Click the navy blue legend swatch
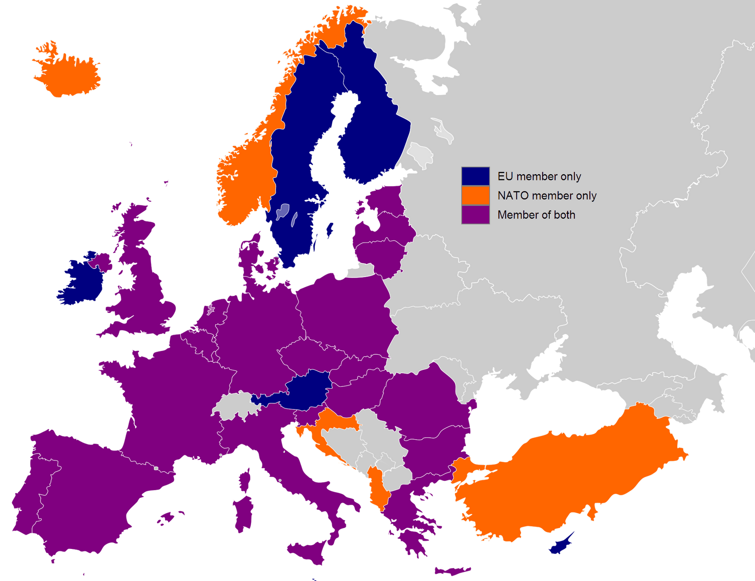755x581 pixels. pyautogui.click(x=475, y=176)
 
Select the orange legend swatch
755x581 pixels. pyautogui.click(x=475, y=195)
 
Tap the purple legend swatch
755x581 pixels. pyautogui.click(x=475, y=215)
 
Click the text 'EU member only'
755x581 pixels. pyautogui.click(x=539, y=176)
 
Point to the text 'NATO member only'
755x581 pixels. pyautogui.click(x=547, y=196)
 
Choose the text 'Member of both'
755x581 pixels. pyautogui.click(x=536, y=215)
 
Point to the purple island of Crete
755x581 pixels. pyautogui.click(x=452, y=571)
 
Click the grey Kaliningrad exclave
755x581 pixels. pyautogui.click(x=361, y=271)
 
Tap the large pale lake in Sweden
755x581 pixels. pyautogui.click(x=283, y=212)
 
